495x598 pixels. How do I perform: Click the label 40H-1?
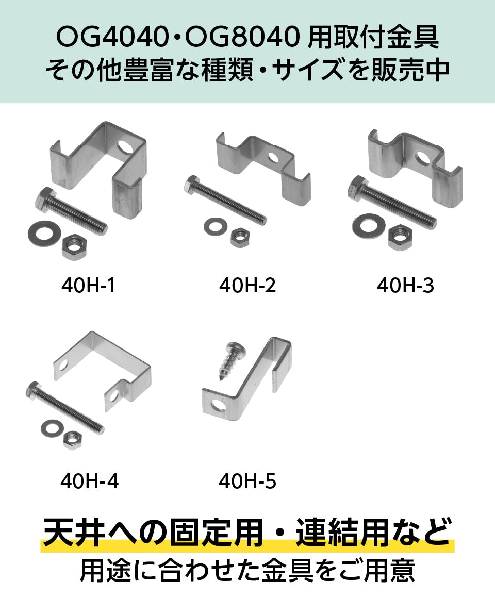[88, 285]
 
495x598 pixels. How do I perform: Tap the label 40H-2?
[247, 285]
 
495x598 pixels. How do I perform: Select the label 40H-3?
[405, 285]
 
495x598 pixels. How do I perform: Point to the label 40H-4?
[90, 481]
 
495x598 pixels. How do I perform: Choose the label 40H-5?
[247, 481]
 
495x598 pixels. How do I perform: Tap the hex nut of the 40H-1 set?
[75, 246]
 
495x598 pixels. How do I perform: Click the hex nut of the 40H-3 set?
[400, 237]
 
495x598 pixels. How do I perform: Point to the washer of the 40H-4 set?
[52, 429]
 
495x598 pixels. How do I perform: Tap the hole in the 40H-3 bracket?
[423, 159]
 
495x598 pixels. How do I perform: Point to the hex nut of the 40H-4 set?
[72, 439]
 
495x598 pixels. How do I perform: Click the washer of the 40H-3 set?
[368, 226]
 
